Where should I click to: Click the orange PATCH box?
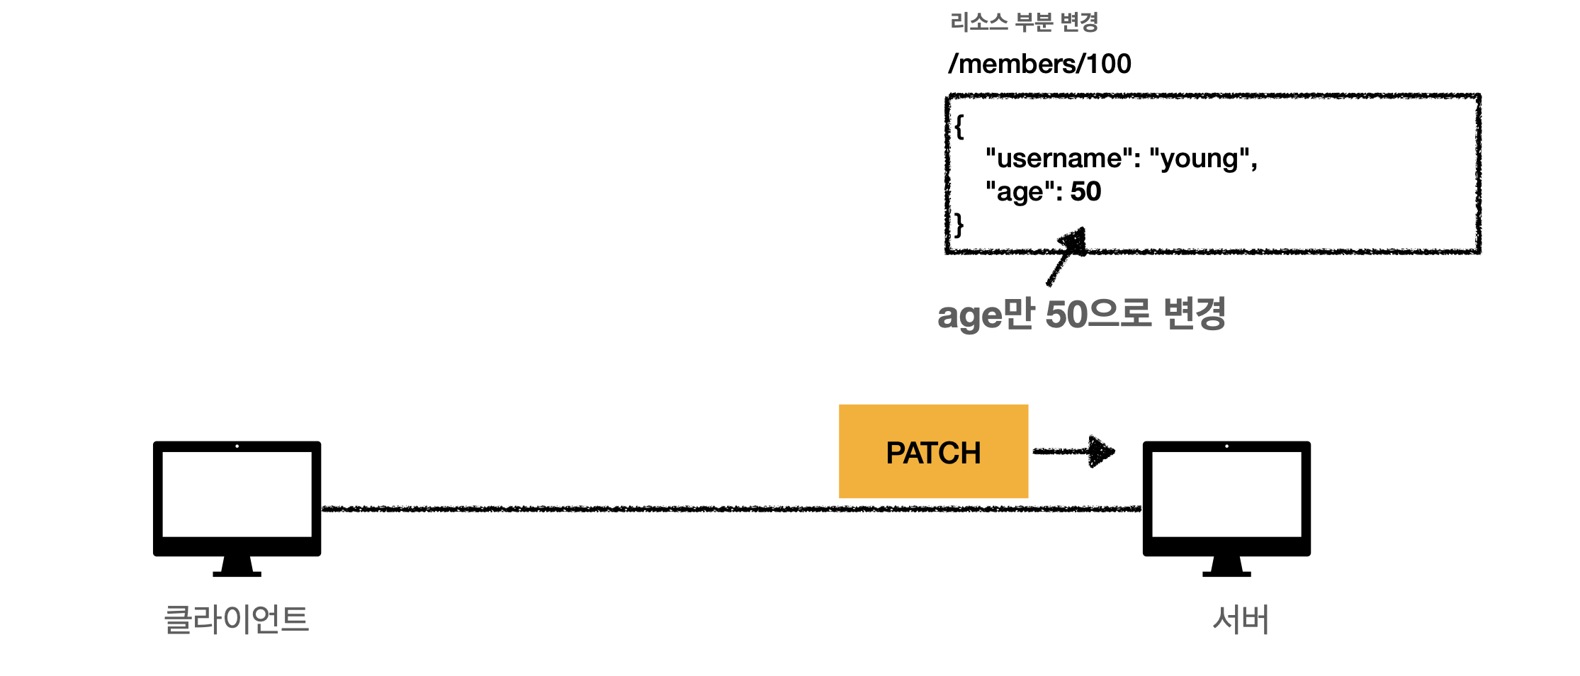click(x=933, y=451)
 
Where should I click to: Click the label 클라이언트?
click(x=237, y=619)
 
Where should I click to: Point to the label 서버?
click(x=1241, y=619)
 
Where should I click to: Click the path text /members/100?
click(x=1039, y=64)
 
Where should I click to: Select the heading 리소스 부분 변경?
click(x=1024, y=23)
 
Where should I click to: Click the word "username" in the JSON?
click(x=1059, y=158)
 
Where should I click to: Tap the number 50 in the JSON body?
click(x=1085, y=191)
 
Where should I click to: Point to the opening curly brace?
click(x=959, y=127)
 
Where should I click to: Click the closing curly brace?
click(x=959, y=225)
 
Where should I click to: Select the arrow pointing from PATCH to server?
click(x=1074, y=451)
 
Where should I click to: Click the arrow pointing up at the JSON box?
click(x=1066, y=257)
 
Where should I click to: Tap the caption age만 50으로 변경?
click(x=1081, y=314)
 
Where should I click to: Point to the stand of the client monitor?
click(x=237, y=566)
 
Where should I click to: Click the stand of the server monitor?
click(x=1226, y=566)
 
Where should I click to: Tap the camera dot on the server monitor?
click(x=1226, y=446)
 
